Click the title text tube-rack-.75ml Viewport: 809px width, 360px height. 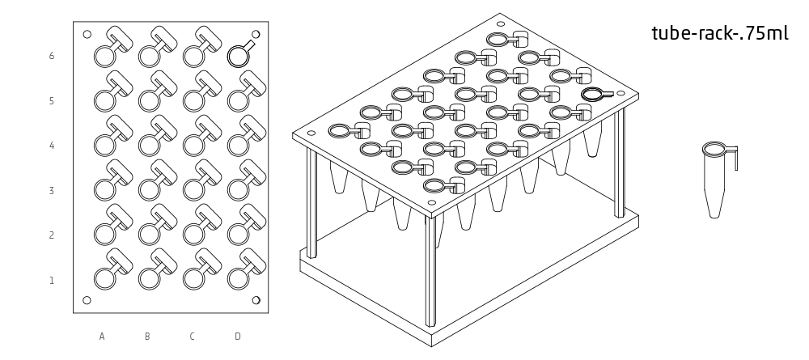(719, 33)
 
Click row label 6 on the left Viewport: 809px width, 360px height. (52, 56)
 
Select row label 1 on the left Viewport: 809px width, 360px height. (52, 281)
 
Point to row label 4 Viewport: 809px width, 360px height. (52, 146)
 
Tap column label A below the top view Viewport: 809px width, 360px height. (102, 336)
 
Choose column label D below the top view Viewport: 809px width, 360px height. (237, 336)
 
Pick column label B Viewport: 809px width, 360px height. (147, 336)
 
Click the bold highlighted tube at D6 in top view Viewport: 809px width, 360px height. (237, 56)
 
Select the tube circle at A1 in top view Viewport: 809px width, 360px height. (105, 279)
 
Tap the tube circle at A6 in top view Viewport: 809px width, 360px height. (105, 56)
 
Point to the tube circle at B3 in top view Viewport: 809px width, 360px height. (150, 189)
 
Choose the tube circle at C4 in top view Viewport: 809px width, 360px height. (193, 145)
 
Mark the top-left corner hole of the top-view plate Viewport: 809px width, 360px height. (87, 34)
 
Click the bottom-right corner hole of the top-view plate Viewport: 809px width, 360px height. (256, 300)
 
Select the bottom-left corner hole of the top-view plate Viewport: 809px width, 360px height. (87, 300)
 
